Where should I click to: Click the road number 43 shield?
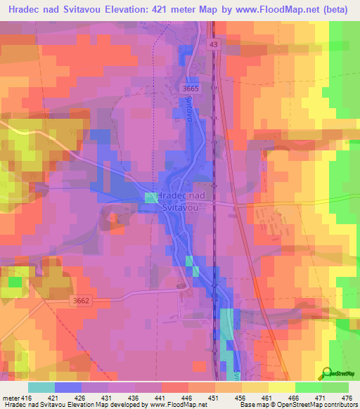click(x=213, y=44)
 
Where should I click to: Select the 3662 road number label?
click(x=81, y=301)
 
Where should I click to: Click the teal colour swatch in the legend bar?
click(x=41, y=387)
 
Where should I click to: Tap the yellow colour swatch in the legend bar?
click(x=282, y=387)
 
